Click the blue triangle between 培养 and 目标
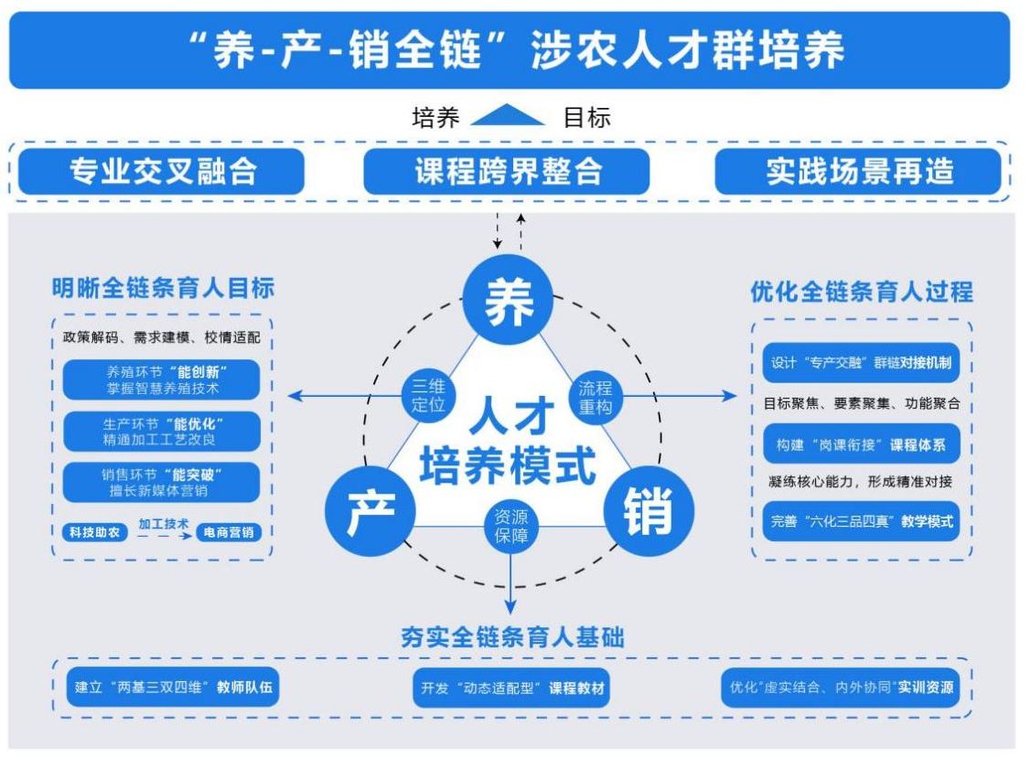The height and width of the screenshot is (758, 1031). click(x=508, y=116)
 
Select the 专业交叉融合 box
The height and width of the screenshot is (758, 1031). click(x=161, y=171)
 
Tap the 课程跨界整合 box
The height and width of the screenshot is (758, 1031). click(x=507, y=171)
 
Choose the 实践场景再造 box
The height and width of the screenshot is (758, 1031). click(x=858, y=171)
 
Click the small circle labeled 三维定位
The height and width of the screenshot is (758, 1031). click(x=427, y=395)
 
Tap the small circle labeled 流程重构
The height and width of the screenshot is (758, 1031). click(x=596, y=396)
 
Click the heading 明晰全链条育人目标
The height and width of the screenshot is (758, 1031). click(x=163, y=288)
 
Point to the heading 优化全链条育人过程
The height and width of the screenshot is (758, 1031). click(x=862, y=292)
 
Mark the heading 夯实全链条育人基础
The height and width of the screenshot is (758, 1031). click(x=512, y=637)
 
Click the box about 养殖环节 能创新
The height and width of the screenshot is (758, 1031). click(x=162, y=379)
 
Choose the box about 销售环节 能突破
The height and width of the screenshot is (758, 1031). click(x=162, y=482)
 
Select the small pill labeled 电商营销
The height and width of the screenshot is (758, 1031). click(x=229, y=531)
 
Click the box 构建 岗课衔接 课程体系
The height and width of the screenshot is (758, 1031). click(x=861, y=444)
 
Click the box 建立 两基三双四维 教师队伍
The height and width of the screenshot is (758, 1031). click(x=173, y=688)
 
